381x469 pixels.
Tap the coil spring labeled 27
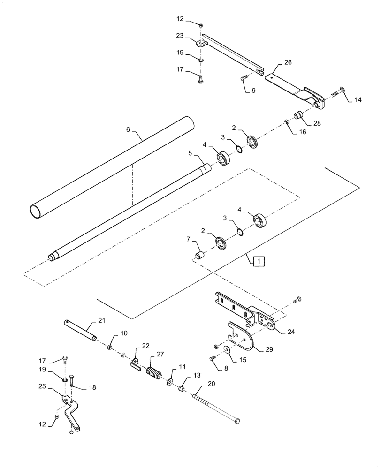(153, 373)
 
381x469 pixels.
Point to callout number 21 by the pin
(101, 320)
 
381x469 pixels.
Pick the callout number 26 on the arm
(287, 62)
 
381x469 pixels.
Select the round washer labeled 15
(226, 349)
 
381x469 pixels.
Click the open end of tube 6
(36, 210)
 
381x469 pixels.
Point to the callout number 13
(196, 376)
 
